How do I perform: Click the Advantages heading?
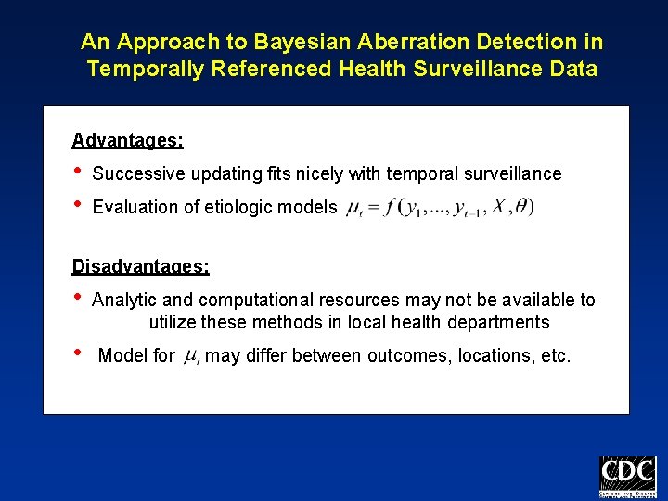127,140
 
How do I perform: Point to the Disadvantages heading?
140,266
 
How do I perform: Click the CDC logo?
627,478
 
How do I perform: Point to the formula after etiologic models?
439,207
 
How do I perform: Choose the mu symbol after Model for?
191,356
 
